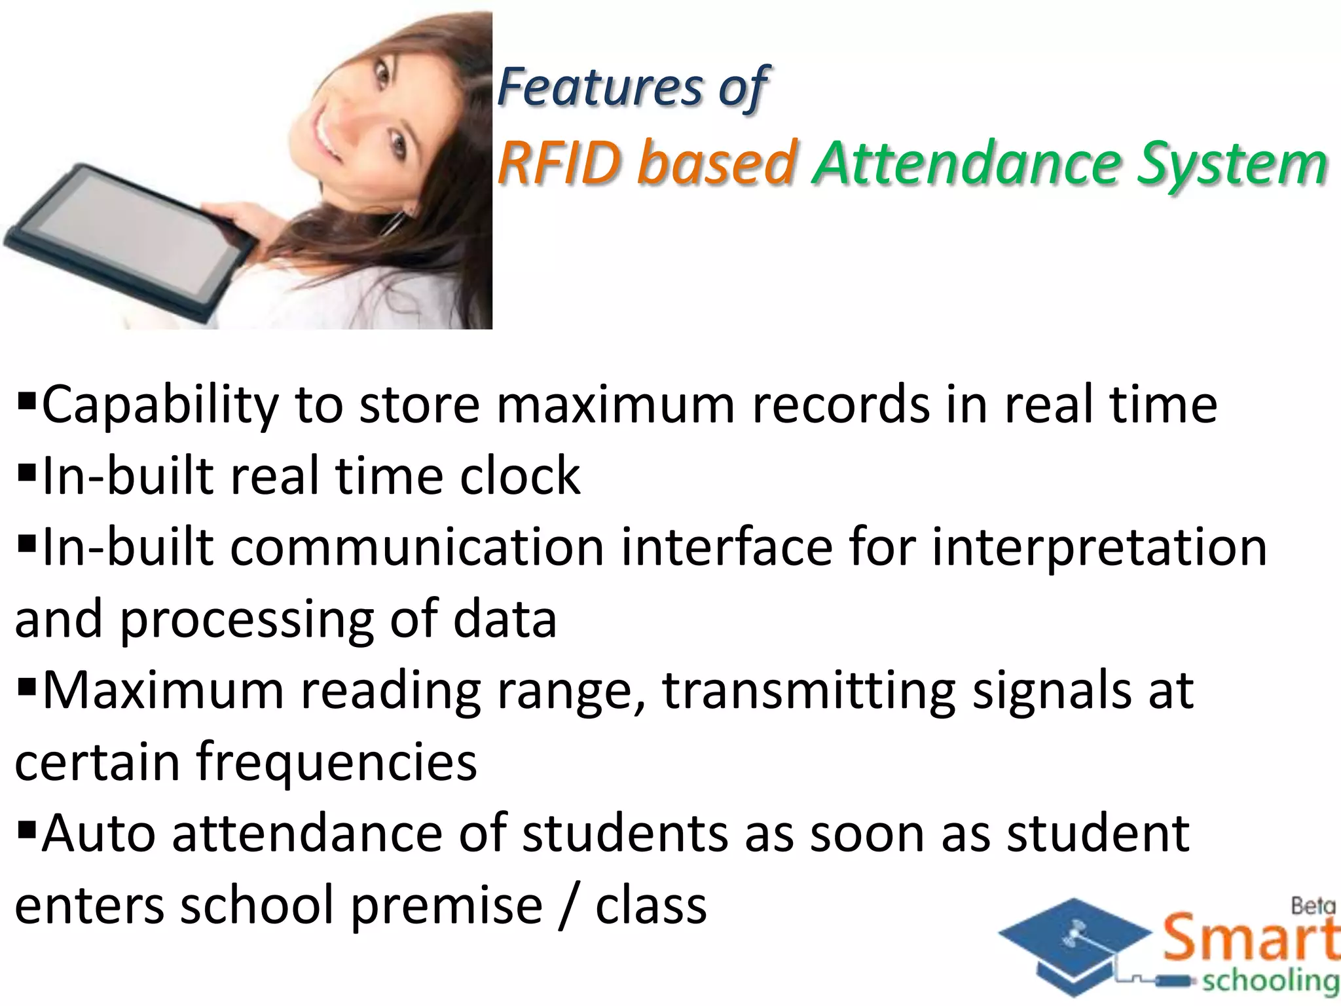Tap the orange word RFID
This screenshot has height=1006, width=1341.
pyautogui.click(x=559, y=163)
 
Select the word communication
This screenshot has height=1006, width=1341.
pyautogui.click(x=417, y=548)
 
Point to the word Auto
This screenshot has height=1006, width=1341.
pyautogui.click(x=98, y=834)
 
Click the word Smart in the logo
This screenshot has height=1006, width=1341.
pyautogui.click(x=1249, y=939)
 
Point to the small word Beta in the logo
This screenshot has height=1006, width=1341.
pyautogui.click(x=1312, y=906)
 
